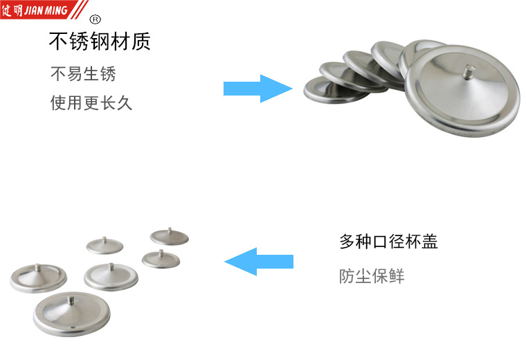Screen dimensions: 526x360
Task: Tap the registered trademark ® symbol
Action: click(x=96, y=19)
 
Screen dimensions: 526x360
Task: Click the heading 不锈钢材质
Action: click(x=100, y=42)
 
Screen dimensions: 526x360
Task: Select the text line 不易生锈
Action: click(x=83, y=74)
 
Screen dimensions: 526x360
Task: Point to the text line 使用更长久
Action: click(x=91, y=102)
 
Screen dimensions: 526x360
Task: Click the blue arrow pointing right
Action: click(x=257, y=89)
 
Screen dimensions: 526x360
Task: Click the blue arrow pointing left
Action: click(x=259, y=262)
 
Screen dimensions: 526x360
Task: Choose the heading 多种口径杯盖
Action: click(x=388, y=242)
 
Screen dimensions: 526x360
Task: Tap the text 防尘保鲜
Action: click(x=372, y=276)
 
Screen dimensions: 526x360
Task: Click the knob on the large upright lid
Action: click(x=468, y=72)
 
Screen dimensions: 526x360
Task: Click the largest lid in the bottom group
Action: click(x=71, y=314)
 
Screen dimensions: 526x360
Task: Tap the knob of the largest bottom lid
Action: click(x=71, y=299)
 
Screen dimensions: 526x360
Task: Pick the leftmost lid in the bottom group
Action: click(x=39, y=278)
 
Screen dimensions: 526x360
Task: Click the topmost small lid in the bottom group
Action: click(x=170, y=237)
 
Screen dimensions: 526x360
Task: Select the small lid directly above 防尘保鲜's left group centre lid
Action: click(x=105, y=246)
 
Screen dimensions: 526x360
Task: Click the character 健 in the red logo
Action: click(x=7, y=10)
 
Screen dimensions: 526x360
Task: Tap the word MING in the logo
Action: click(x=56, y=10)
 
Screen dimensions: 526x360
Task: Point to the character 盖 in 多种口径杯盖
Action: click(x=430, y=242)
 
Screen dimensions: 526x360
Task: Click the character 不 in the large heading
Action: click(x=59, y=42)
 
